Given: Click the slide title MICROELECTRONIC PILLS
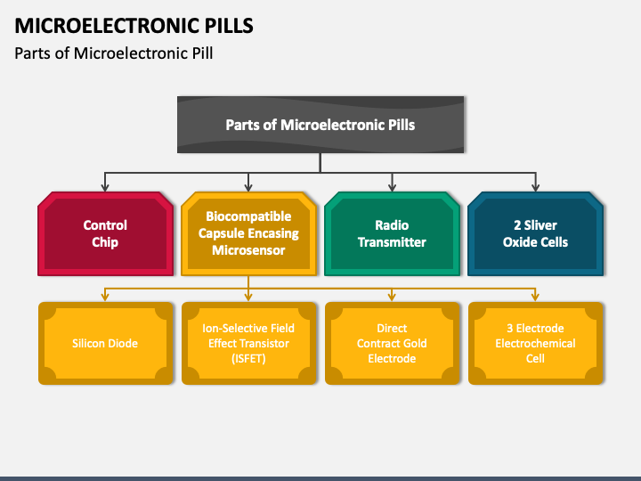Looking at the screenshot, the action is [134, 25].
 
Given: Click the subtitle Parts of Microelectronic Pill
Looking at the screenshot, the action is [114, 53].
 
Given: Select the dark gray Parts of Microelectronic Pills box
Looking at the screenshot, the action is [320, 125].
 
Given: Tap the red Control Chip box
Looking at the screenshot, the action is [105, 233].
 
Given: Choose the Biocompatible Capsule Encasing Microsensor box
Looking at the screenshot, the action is [248, 233].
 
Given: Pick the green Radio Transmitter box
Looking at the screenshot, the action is [392, 233].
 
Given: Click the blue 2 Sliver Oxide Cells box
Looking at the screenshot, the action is [536, 233].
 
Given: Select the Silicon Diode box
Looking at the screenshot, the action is [105, 343].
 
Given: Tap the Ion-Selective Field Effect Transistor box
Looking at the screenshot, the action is [248, 343].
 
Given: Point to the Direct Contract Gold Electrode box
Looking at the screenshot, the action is [392, 343].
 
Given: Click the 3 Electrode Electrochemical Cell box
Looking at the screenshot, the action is [536, 343].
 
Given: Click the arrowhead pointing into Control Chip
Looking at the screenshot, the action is [105, 187].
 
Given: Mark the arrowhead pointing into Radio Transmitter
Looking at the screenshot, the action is [392, 187].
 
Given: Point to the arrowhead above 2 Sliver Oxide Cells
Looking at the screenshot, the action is [536, 187].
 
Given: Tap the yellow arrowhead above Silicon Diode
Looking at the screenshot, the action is [105, 298].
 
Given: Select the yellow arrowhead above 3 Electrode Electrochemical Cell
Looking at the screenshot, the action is [536, 298].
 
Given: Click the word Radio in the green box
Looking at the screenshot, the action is [392, 225].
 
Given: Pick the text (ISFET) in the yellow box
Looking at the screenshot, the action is [248, 359].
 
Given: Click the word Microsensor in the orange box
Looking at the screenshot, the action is [248, 250].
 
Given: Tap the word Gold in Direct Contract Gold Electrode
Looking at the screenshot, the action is [415, 343].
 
